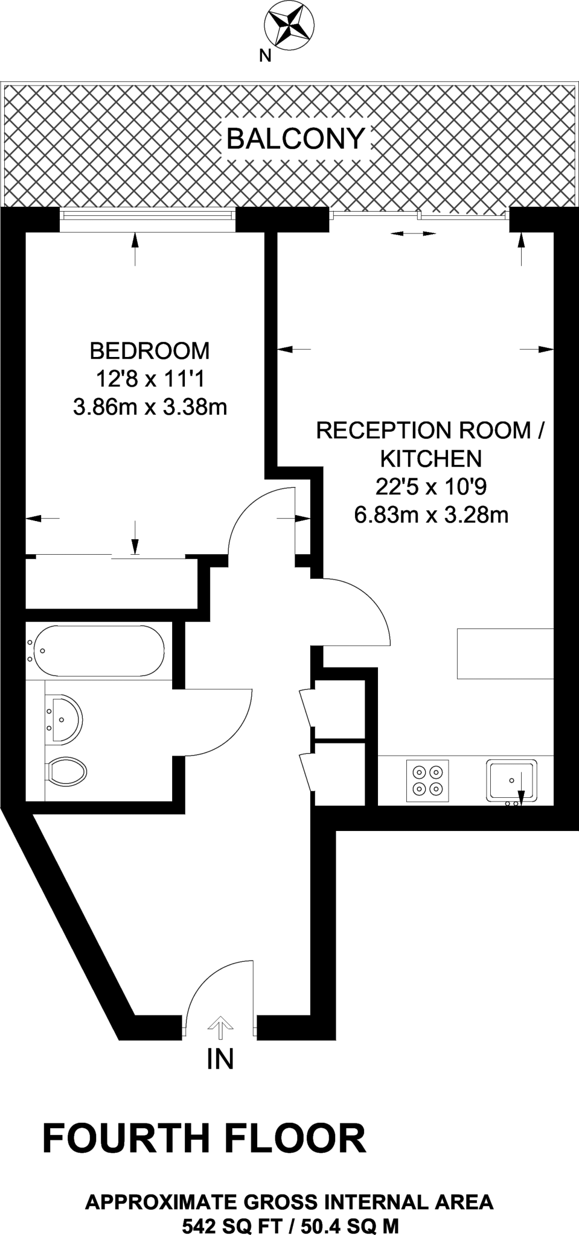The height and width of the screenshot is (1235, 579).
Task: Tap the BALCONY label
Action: coord(295,139)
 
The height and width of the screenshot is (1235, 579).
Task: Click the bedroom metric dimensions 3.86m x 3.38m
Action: coord(150,408)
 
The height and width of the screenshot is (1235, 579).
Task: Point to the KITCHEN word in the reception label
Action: coord(430,459)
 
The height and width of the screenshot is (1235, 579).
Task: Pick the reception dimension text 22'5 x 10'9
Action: coord(430,487)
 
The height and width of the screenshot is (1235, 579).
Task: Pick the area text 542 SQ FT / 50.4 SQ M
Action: coord(290,1225)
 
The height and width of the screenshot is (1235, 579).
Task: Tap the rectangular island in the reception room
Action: coord(505,654)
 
